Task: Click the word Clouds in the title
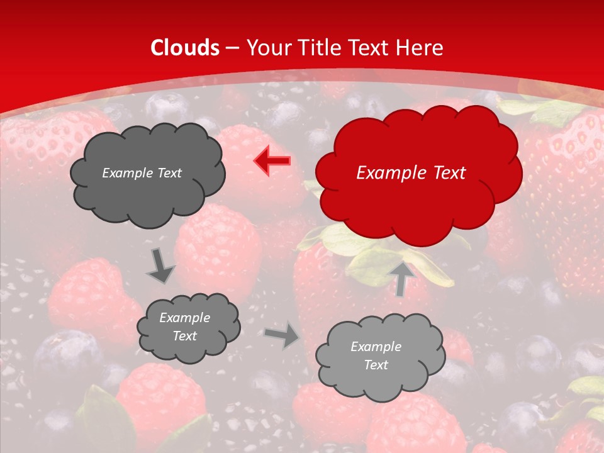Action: [185, 48]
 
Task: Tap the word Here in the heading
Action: [420, 48]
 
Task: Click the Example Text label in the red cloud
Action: [411, 173]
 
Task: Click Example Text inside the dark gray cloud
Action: [142, 173]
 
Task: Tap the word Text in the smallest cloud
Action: [184, 336]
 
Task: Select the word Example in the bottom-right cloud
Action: [376, 347]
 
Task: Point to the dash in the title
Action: [232, 48]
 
